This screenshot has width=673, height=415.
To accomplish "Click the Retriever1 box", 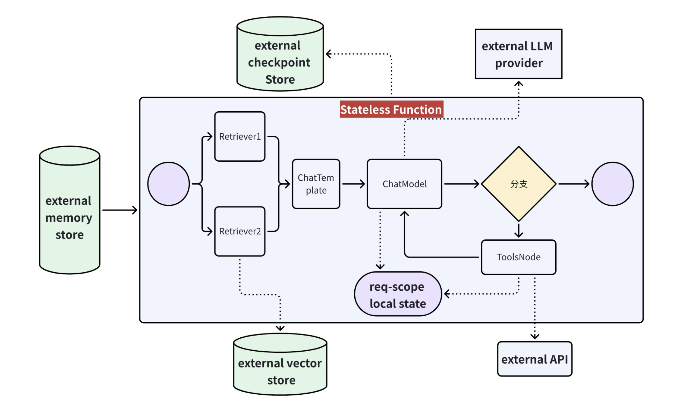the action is pyautogui.click(x=240, y=136).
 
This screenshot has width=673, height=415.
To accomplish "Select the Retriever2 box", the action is pyautogui.click(x=240, y=231).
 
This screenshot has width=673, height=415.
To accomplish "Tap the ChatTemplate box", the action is pyautogui.click(x=316, y=184).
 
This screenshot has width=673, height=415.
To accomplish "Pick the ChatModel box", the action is pyautogui.click(x=405, y=184).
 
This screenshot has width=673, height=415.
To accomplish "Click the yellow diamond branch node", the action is pyautogui.click(x=519, y=184).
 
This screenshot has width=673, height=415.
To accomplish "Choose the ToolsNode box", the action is pyautogui.click(x=519, y=257).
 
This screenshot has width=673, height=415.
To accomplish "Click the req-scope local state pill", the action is pyautogui.click(x=398, y=294).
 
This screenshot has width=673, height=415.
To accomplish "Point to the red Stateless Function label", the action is pyautogui.click(x=391, y=110).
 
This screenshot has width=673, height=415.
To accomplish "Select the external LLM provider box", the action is pyautogui.click(x=519, y=54).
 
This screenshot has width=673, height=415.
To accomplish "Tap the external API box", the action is pyautogui.click(x=535, y=359).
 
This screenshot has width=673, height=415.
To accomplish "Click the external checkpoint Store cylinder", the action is pyautogui.click(x=280, y=54).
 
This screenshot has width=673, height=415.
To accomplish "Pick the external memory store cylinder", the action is pyautogui.click(x=70, y=210).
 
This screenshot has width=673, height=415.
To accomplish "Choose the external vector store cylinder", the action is pyautogui.click(x=280, y=364).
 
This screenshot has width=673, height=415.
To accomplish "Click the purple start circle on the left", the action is pyautogui.click(x=169, y=184).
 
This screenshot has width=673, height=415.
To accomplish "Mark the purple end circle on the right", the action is pyautogui.click(x=613, y=184).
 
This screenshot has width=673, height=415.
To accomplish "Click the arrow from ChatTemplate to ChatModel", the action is pyautogui.click(x=354, y=184).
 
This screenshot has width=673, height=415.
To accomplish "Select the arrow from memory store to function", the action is pyautogui.click(x=120, y=210).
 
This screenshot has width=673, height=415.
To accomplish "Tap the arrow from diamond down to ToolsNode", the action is pyautogui.click(x=519, y=231).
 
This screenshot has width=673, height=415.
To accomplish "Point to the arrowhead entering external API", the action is pyautogui.click(x=535, y=337).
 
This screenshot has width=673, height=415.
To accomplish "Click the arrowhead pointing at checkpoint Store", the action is pyautogui.click(x=329, y=54).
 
